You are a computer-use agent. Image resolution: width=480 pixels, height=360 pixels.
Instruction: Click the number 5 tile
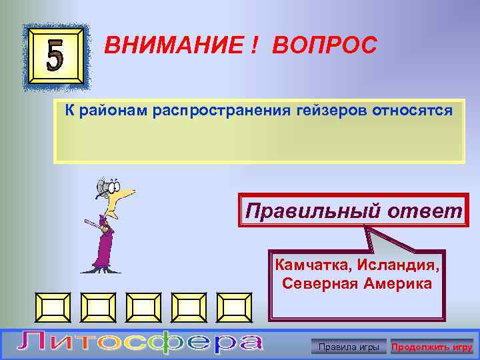point(55,57)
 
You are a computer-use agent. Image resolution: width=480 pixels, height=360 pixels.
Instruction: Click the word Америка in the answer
point(397,283)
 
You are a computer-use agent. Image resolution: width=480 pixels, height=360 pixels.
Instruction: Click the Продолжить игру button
point(432,347)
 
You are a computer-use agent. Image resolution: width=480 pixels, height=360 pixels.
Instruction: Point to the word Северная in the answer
point(316,283)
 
